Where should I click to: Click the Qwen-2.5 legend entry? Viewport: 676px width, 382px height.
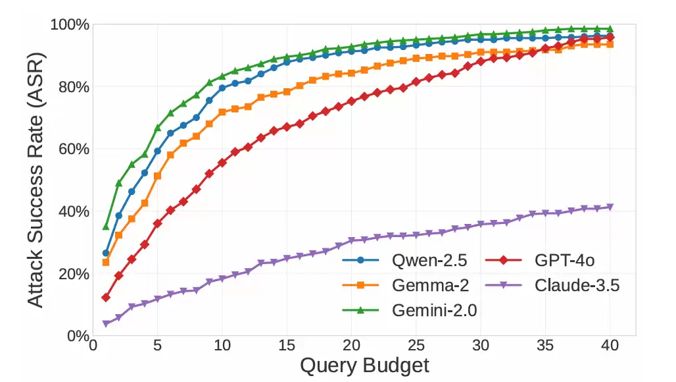(x=405, y=260)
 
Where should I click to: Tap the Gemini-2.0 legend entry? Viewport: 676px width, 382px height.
(x=410, y=310)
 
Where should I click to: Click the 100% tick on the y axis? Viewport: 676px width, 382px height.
(x=70, y=24)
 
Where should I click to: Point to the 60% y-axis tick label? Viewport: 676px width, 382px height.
(x=74, y=150)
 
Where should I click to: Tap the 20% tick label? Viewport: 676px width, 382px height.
(x=74, y=274)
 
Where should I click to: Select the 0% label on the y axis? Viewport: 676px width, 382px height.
(x=78, y=336)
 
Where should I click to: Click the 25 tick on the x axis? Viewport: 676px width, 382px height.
(x=416, y=346)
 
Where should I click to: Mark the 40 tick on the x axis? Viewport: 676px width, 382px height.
(x=610, y=346)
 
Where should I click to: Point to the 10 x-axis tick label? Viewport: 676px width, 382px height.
(x=222, y=346)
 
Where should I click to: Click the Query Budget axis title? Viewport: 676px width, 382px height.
(x=365, y=366)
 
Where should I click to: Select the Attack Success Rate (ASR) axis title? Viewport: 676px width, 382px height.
(x=36, y=180)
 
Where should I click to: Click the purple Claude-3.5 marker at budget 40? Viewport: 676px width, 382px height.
(x=610, y=207)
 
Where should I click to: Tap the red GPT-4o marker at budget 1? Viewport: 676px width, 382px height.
(x=106, y=298)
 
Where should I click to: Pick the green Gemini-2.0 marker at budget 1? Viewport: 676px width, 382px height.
(x=106, y=227)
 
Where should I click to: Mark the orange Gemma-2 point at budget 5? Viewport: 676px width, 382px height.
(x=157, y=176)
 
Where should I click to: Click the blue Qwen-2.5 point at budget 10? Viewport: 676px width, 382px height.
(x=222, y=88)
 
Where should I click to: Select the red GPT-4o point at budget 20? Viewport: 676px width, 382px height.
(x=351, y=101)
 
